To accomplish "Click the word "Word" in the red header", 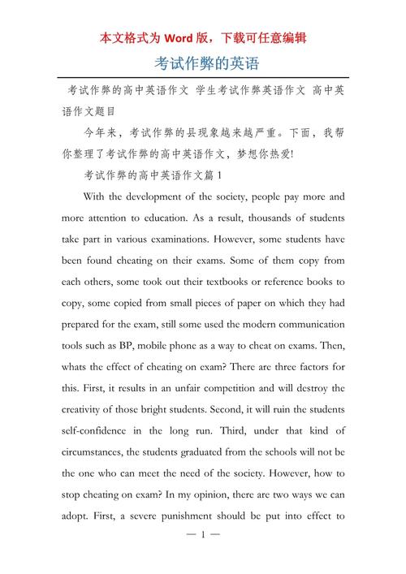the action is [184, 37].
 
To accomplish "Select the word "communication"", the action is [304, 324].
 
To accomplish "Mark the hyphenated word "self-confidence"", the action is [97, 429].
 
